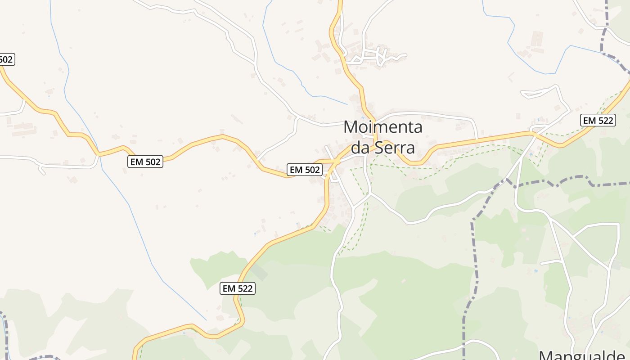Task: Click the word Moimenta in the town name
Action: [x=383, y=127]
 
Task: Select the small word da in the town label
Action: [x=360, y=147]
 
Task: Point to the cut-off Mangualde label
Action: [x=584, y=355]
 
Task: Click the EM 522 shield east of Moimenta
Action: [x=598, y=120]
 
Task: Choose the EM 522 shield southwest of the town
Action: [x=238, y=288]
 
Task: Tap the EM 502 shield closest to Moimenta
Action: [x=305, y=170]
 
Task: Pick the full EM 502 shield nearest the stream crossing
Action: [x=145, y=162]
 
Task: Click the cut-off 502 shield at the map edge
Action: [x=7, y=59]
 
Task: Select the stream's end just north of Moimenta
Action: [x=347, y=104]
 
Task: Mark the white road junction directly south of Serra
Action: [x=370, y=194]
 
